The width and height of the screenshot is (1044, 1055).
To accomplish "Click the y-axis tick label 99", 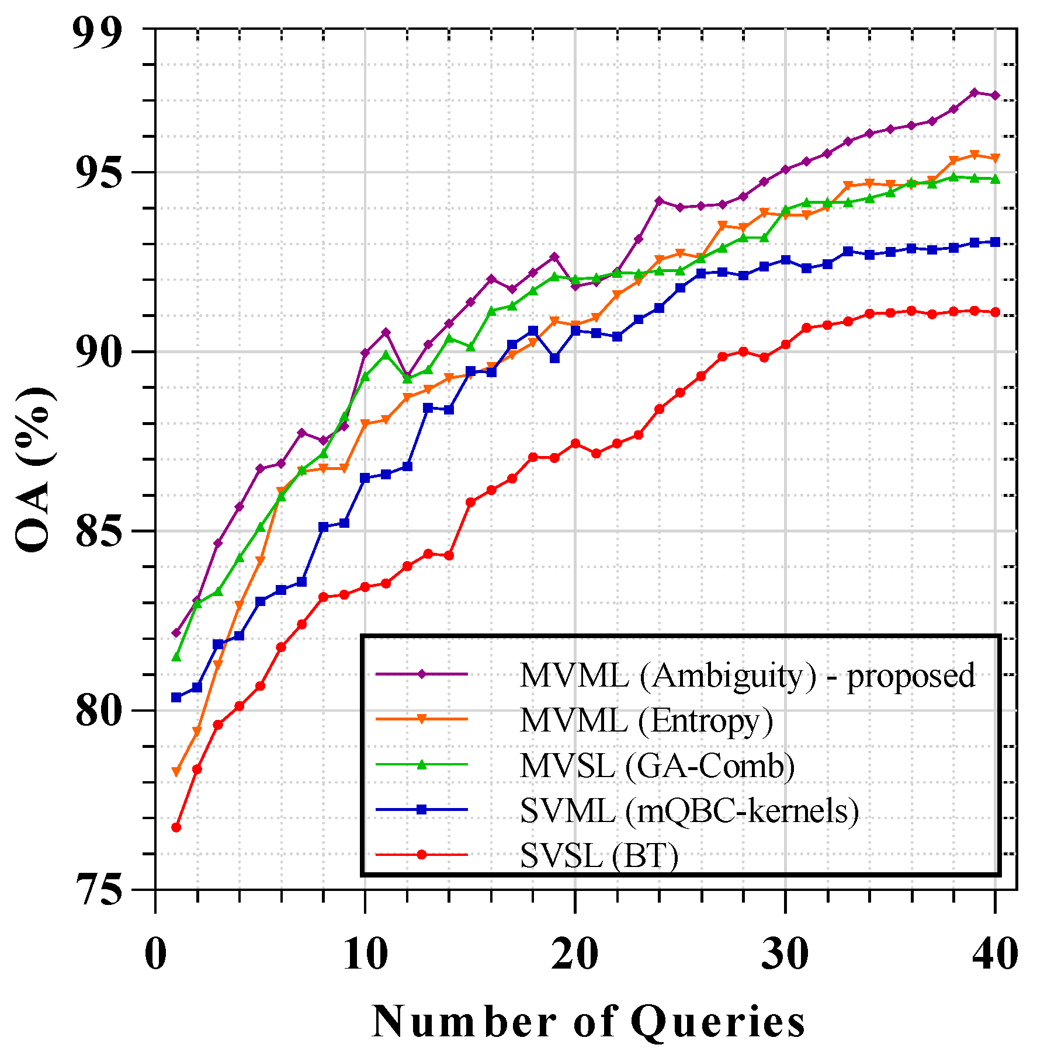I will pos(96,34).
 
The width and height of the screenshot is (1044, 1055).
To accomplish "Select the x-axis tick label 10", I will pos(365,955).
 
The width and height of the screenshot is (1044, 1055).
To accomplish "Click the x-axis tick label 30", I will pos(785,955).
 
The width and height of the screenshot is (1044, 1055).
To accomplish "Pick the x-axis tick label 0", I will pos(155,955).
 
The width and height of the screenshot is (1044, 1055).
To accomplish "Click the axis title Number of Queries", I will pos(588,1022).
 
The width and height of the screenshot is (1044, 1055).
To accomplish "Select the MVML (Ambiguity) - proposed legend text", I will pos(747,676).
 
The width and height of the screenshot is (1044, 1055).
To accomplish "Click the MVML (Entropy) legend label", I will pos(646,720).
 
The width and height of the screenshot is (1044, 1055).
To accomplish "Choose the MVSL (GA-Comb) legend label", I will pos(657,765).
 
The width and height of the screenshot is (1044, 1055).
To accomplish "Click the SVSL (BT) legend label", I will pos(599,856).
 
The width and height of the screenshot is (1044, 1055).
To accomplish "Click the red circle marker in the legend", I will pos(422,855).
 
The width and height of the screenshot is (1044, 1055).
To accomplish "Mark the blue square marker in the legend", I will pos(422,810).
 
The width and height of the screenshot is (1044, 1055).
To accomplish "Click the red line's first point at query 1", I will pos(176,827).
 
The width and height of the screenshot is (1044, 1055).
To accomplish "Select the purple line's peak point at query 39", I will pos(974,92).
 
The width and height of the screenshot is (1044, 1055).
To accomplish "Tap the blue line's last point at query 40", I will pos(995,242).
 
